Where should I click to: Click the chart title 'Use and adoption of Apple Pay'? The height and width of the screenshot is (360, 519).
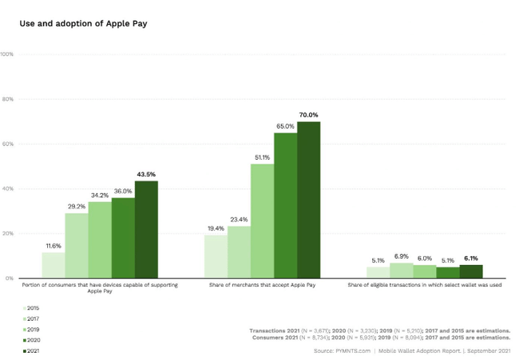[83, 24]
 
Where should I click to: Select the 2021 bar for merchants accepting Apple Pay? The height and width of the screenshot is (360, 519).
[308, 200]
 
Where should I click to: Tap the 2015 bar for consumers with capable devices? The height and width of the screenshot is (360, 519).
[53, 265]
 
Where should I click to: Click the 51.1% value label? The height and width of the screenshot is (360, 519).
[262, 157]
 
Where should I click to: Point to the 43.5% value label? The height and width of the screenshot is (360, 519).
[146, 174]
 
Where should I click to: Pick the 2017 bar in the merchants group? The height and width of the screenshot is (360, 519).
[239, 252]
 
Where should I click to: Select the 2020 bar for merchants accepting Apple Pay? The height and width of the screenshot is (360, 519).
[285, 205]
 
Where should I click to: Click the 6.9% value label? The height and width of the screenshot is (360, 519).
[401, 255]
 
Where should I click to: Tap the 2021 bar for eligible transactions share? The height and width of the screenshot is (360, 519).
[471, 271]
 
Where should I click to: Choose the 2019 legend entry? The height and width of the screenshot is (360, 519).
[31, 329]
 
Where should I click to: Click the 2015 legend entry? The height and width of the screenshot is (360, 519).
[31, 308]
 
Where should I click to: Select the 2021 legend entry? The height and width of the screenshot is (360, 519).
[31, 350]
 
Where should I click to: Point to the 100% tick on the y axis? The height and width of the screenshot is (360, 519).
[7, 54]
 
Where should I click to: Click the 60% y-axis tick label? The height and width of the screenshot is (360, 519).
[8, 144]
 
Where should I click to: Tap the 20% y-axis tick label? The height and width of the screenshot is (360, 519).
[8, 234]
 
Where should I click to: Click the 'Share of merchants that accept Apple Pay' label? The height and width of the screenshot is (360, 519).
[262, 285]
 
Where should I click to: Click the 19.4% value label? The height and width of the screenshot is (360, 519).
[216, 228]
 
